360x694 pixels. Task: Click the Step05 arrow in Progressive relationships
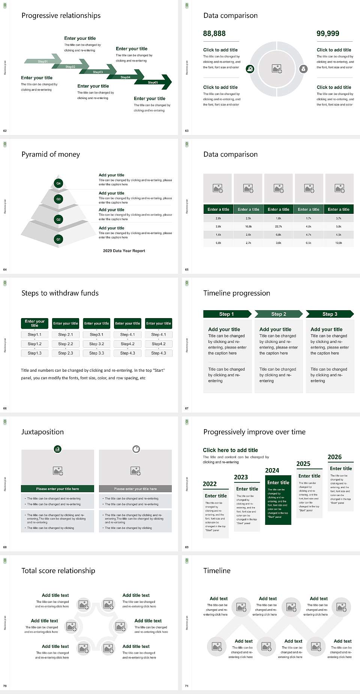(x=153, y=82)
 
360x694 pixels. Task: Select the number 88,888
(x=214, y=34)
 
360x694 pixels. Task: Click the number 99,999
(x=328, y=34)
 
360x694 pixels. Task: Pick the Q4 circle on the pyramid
(x=58, y=183)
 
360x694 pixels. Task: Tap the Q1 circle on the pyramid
(x=58, y=239)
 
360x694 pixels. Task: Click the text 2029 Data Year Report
(x=124, y=251)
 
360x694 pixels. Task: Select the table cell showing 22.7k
(x=278, y=227)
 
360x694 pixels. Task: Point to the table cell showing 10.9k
(x=339, y=243)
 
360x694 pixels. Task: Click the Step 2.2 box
(x=66, y=344)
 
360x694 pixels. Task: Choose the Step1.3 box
(x=34, y=353)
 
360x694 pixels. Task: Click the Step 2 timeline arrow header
(x=279, y=314)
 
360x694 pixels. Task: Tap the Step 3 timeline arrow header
(x=330, y=314)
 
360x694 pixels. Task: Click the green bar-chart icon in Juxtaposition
(x=58, y=449)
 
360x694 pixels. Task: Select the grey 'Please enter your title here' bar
(x=135, y=489)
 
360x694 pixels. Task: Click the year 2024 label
(x=272, y=470)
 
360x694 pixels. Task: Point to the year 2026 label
(x=334, y=457)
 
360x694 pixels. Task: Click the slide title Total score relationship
(x=58, y=571)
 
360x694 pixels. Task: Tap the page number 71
(x=187, y=686)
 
